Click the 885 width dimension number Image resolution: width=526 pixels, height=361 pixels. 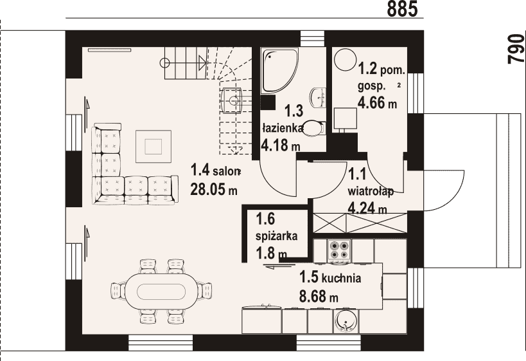pyautogui.click(x=402, y=9)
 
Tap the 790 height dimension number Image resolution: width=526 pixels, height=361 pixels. pyautogui.click(x=516, y=48)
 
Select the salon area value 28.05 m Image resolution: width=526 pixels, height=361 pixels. pyautogui.click(x=214, y=189)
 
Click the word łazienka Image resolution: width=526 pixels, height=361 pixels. pyautogui.click(x=283, y=129)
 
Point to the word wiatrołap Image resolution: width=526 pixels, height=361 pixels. pyautogui.click(x=371, y=192)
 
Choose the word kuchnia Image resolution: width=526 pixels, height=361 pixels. pyautogui.click(x=341, y=279)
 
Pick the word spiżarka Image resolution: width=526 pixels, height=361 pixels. pyautogui.click(x=276, y=236)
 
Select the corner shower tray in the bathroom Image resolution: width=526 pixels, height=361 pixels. pyautogui.click(x=279, y=70)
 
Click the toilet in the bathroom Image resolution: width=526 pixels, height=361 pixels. pyautogui.click(x=314, y=128)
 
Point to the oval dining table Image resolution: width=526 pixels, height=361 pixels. pyautogui.click(x=161, y=292)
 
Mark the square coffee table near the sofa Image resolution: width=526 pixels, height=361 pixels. pyautogui.click(x=154, y=146)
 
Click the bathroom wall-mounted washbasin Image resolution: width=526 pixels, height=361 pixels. pyautogui.click(x=319, y=97)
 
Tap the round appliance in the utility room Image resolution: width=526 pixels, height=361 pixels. pyautogui.click(x=345, y=59)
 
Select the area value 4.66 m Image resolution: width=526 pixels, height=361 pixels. pyautogui.click(x=378, y=102)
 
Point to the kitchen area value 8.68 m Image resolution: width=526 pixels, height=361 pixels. pyautogui.click(x=319, y=297)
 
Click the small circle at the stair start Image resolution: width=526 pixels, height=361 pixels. pyautogui.click(x=165, y=62)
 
